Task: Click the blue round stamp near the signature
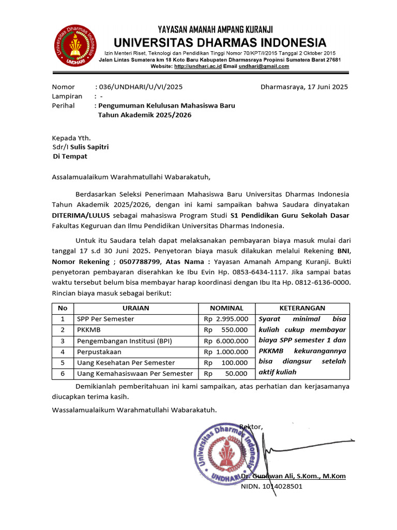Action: pyautogui.click(x=225, y=452)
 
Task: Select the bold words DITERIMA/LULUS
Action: pyautogui.click(x=81, y=215)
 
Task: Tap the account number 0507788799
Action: pyautogui.click(x=136, y=262)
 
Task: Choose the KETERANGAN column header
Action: pyautogui.click(x=302, y=308)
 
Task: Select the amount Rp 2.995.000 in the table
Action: pyautogui.click(x=226, y=319)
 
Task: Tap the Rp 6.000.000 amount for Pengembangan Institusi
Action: pyautogui.click(x=226, y=341)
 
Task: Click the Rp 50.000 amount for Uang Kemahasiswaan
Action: pyautogui.click(x=226, y=373)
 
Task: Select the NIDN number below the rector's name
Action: pyautogui.click(x=272, y=487)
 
